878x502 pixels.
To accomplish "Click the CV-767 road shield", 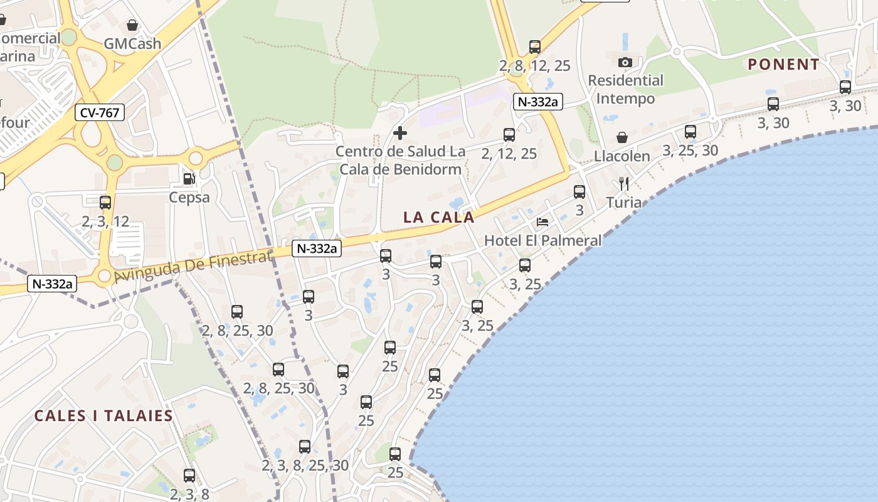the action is coord(100,113).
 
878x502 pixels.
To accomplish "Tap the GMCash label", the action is coord(132,44).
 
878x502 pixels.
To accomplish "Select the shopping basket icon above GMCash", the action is coord(132,25).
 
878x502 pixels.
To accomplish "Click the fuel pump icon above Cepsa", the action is coord(189,179).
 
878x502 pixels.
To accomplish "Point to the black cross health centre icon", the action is coord(399,133).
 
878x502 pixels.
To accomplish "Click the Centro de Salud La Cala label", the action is coord(400,161).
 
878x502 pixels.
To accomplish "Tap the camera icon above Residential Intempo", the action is coord(625,62).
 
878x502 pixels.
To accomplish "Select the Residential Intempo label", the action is coord(625,90).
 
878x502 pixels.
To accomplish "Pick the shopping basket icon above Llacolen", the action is coord(622,137).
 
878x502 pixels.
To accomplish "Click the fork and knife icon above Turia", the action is coord(623,183).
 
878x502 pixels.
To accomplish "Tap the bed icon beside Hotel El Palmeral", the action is coord(542,222).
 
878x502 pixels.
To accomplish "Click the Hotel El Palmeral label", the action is coord(542,240).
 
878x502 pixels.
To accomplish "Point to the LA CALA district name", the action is coord(438,218).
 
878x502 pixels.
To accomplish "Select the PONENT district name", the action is coord(783,65).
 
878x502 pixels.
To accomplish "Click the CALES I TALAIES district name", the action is coord(103,416).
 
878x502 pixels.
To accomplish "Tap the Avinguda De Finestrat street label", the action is coord(193,267).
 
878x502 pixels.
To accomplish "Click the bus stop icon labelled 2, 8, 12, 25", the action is coord(534,47).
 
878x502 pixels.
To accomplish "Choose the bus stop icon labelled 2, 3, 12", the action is coord(105,203).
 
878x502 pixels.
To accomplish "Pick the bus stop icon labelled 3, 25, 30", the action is coord(690,132).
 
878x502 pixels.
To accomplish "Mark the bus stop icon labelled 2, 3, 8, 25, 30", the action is coord(305,447).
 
